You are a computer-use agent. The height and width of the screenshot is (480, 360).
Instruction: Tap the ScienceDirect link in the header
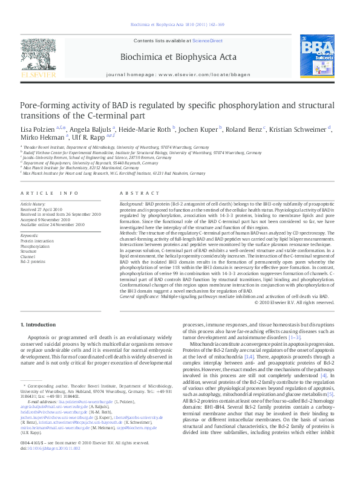(x=208, y=41)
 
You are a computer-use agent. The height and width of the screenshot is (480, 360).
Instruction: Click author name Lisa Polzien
(x=37, y=129)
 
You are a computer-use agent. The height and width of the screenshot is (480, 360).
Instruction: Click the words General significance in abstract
(x=141, y=297)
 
